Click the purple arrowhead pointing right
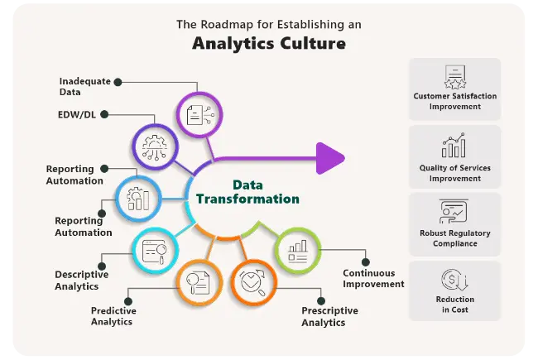(x=330, y=157)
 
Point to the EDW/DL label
(x=77, y=115)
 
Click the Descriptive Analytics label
(x=77, y=281)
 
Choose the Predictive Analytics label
(x=113, y=316)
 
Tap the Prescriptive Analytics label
(x=329, y=316)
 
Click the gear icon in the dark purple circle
(x=155, y=148)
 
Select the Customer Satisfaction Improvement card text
(x=455, y=101)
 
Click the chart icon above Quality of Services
(x=454, y=146)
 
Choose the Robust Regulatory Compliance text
(x=455, y=238)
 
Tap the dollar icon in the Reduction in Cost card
(x=454, y=279)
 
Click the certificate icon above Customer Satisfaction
(x=454, y=77)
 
